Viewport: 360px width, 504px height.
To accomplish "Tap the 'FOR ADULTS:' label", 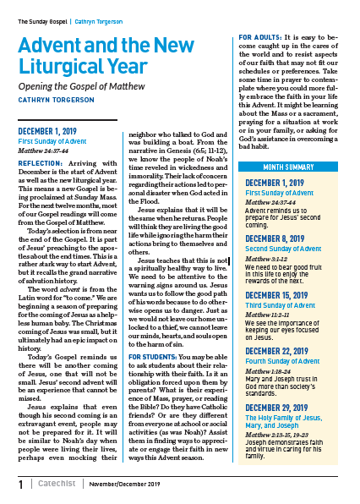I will [x=263, y=39].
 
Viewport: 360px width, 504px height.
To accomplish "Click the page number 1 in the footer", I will [x=21, y=485].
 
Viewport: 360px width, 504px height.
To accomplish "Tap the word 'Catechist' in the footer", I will [x=57, y=485].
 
